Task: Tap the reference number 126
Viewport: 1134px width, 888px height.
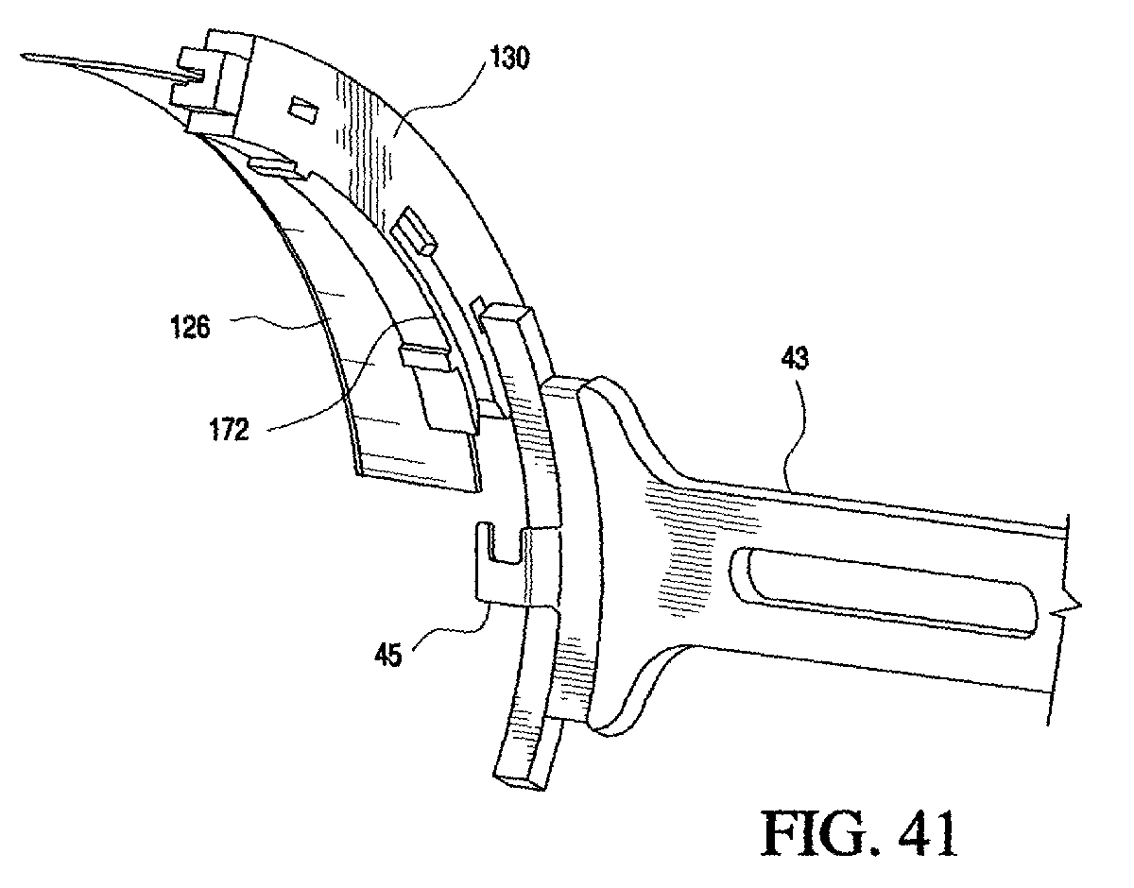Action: (x=191, y=328)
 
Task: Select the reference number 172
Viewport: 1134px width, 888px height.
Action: (x=230, y=430)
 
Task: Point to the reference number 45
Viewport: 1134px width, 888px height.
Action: (x=388, y=655)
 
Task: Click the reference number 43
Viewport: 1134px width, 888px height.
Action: (x=795, y=359)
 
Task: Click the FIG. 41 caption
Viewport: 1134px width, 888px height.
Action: (x=858, y=834)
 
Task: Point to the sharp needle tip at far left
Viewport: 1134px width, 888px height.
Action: (x=22, y=55)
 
